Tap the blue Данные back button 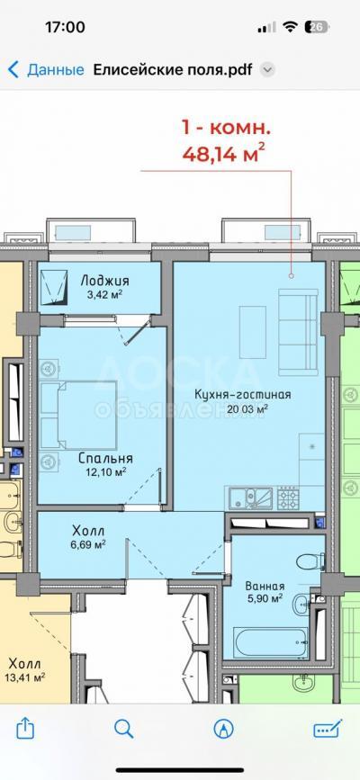pos(46,69)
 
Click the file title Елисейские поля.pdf pos(173,69)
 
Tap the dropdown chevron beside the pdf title pos(268,70)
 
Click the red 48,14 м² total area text pos(223,153)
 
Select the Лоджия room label pos(101,281)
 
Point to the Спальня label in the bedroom pos(105,458)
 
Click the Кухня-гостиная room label pos(242,394)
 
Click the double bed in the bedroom pos(78,415)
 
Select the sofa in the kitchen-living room pos(297,332)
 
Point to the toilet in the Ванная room pos(310,562)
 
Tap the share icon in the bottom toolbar pos(25,728)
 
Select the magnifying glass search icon pos(124,729)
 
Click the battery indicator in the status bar pos(319,27)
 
